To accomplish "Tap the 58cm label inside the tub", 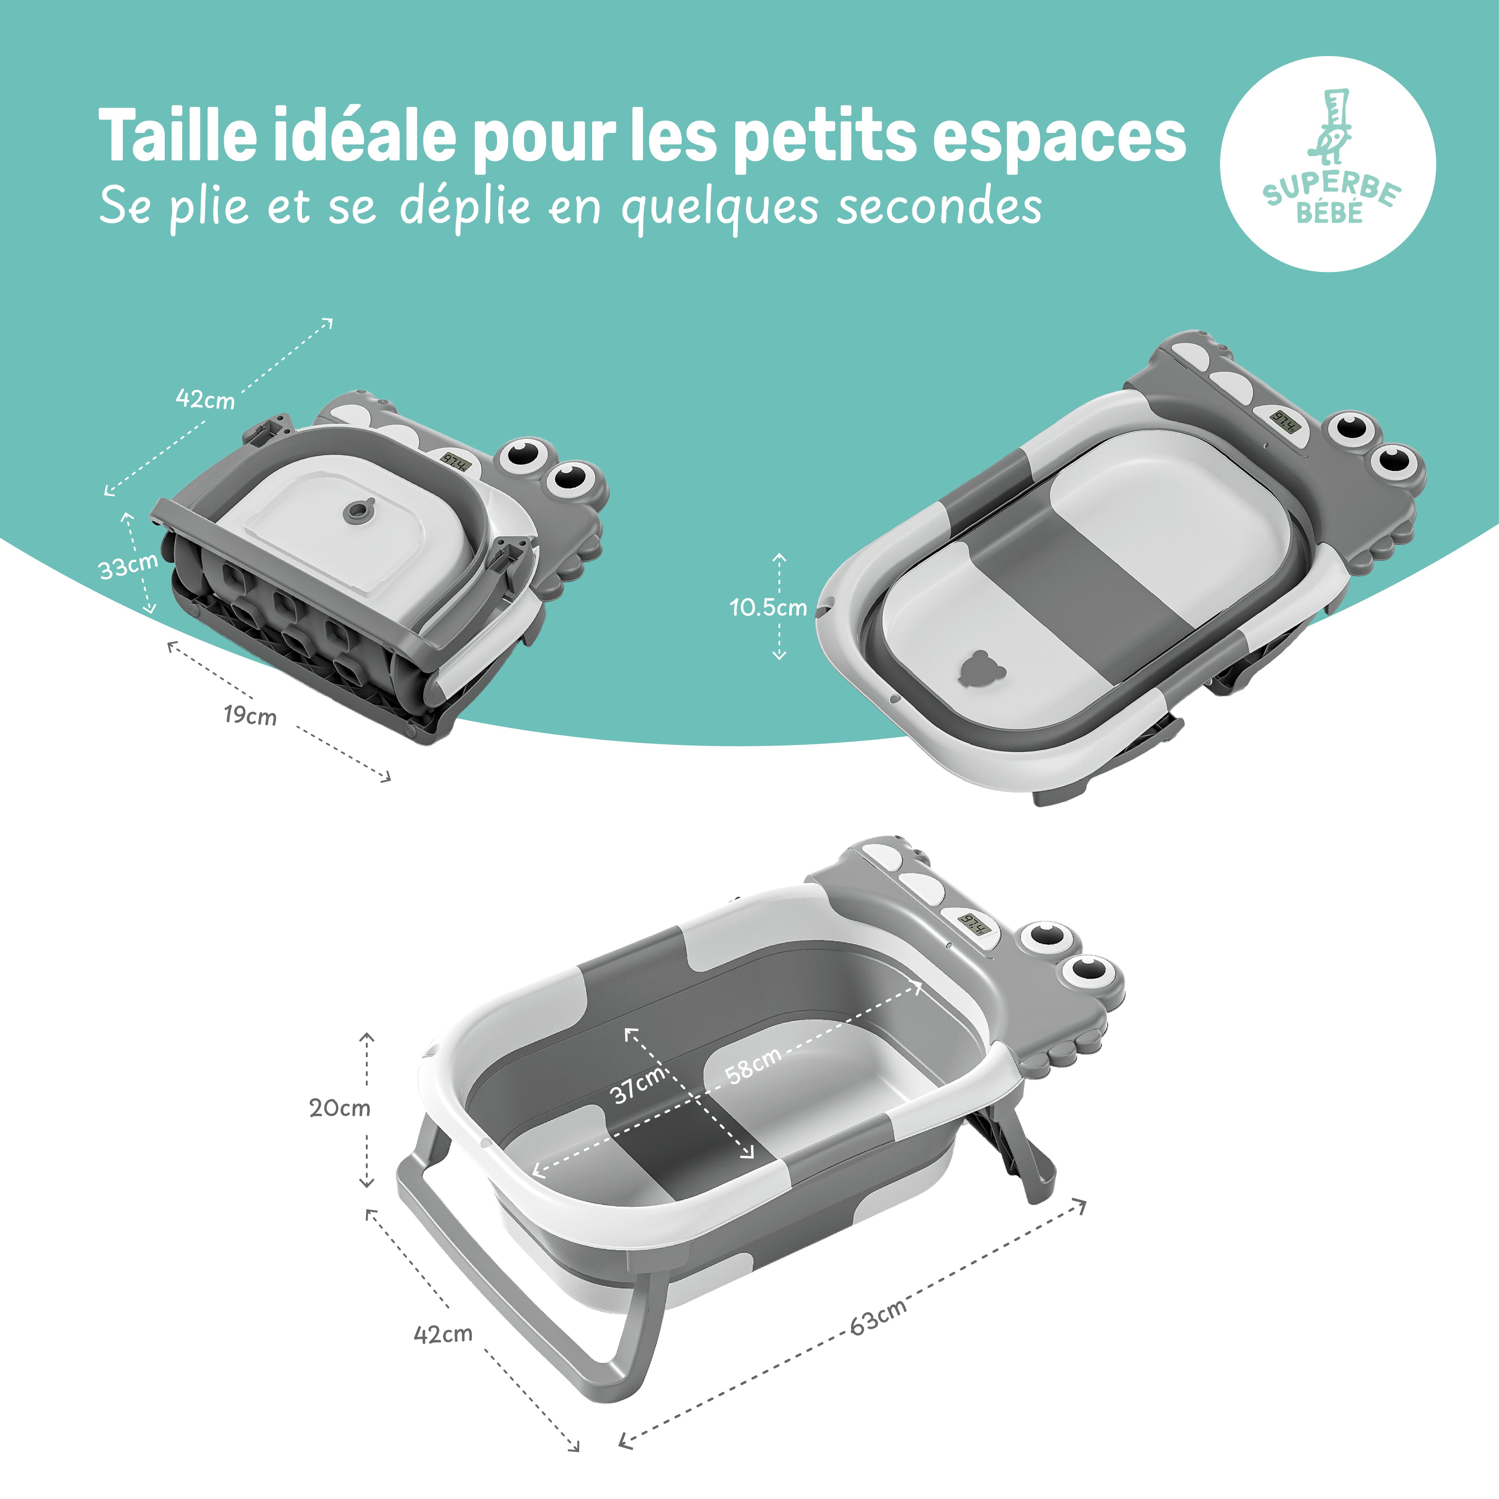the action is [x=753, y=1064].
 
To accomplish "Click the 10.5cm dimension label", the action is [x=768, y=607].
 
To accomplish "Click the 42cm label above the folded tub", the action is [x=205, y=399].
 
